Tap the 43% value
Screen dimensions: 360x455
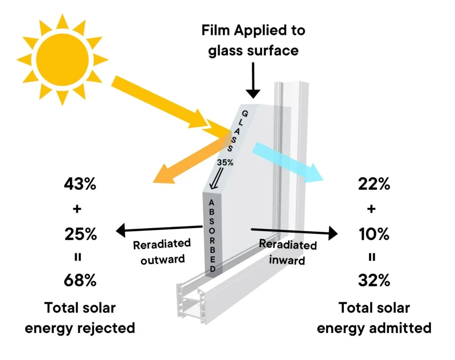click(80, 184)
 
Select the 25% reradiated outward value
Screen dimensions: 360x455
click(80, 233)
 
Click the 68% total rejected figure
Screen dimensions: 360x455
click(80, 281)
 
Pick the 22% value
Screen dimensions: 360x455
click(374, 184)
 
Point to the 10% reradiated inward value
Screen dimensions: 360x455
click(374, 233)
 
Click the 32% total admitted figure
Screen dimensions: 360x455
click(374, 281)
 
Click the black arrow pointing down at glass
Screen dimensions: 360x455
click(253, 80)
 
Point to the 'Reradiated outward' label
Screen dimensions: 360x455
click(162, 251)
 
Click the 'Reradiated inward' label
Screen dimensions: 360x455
click(288, 251)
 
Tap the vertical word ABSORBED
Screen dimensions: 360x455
click(212, 235)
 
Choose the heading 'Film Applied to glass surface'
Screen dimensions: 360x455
click(253, 40)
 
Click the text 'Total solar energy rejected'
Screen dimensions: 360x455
click(80, 318)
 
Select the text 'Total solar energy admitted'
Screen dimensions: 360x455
click(374, 318)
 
